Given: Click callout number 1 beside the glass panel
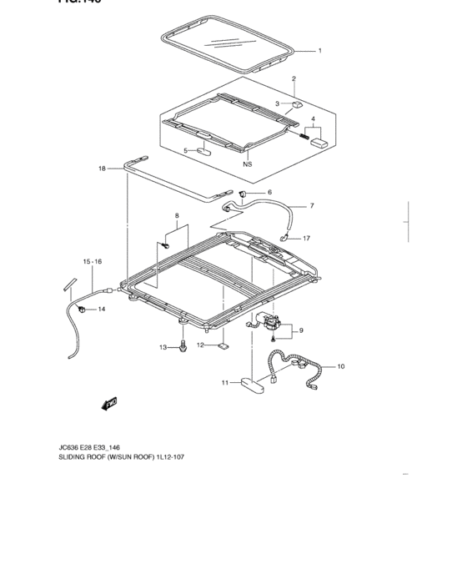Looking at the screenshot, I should (319, 51).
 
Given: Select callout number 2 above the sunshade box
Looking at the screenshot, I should (294, 79).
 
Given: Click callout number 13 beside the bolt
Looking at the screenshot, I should (163, 347).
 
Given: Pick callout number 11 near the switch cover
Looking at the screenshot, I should (224, 384).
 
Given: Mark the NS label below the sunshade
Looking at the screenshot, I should (247, 164).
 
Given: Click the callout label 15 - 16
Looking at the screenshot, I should (92, 262).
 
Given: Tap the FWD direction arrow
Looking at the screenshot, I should (108, 405).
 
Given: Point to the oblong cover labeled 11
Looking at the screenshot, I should (252, 384).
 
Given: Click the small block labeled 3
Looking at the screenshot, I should (297, 106).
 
